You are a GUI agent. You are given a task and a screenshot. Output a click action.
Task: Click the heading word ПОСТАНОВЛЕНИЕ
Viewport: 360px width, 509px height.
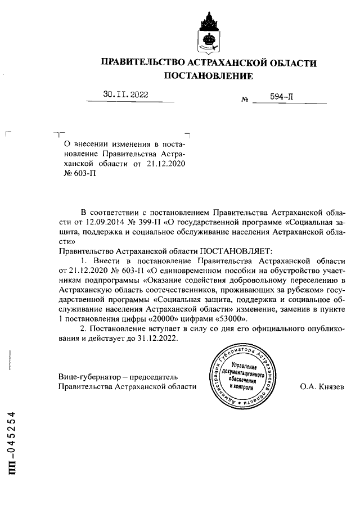[x=208, y=75]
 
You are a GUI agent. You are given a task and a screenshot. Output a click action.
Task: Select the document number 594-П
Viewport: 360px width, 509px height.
[x=281, y=97]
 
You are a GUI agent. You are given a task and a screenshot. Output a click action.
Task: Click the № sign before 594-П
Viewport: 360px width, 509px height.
[x=245, y=100]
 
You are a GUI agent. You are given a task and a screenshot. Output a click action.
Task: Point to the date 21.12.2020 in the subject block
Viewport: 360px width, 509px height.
[x=165, y=163]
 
